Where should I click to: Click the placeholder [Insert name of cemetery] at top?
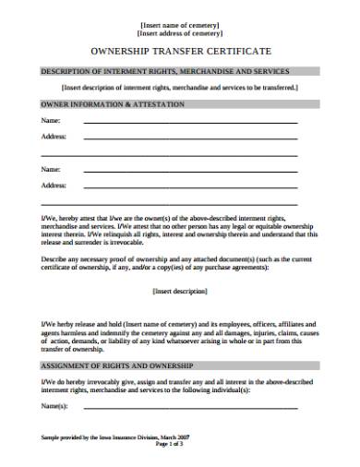click(x=179, y=18)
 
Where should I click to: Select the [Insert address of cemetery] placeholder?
click(x=179, y=30)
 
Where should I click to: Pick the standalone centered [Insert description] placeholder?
click(x=179, y=291)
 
